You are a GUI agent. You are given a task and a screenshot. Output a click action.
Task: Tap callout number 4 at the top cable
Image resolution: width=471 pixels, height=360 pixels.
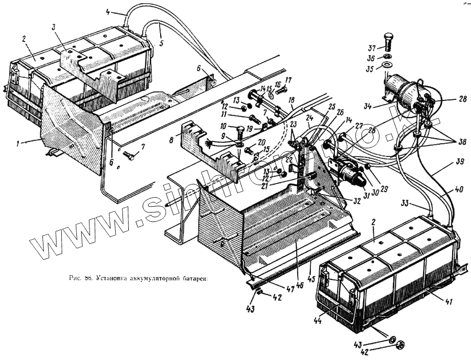(108, 11)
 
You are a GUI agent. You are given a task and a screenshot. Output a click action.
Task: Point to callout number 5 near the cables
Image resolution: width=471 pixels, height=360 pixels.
(162, 43)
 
